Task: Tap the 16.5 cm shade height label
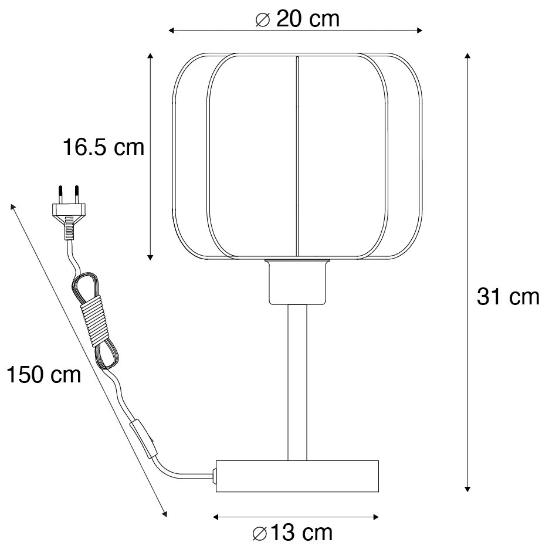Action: click(104, 147)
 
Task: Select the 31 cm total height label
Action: click(508, 297)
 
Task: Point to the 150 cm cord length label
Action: click(43, 374)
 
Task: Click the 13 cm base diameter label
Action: click(293, 533)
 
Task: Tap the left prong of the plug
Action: click(60, 195)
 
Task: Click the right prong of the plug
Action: click(76, 195)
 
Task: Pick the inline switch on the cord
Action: click(144, 439)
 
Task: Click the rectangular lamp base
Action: click(297, 476)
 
